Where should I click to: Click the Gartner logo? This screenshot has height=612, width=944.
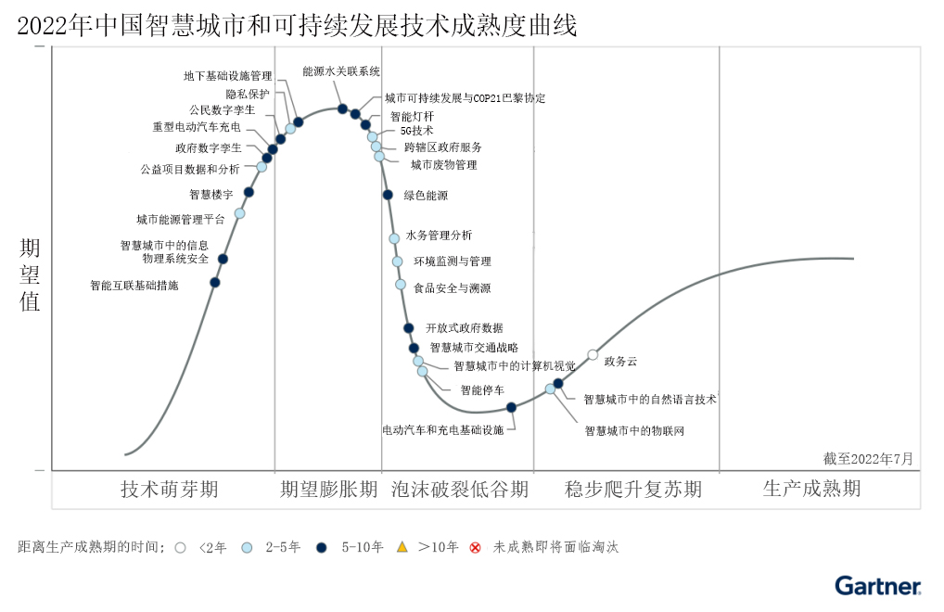pos(877,585)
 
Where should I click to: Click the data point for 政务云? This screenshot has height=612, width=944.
pos(593,354)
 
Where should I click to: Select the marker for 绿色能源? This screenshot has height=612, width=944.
pos(388,195)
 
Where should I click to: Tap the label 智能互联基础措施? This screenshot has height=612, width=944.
pos(134,286)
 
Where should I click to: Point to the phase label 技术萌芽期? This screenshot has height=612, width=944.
pos(170,490)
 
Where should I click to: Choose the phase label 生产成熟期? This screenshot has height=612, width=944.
pos(811,489)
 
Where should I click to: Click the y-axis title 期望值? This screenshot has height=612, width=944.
pos(31,274)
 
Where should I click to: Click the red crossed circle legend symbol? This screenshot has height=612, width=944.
pos(476,547)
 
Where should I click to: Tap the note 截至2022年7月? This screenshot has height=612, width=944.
pos(868,458)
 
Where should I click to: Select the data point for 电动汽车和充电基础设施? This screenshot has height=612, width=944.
pos(511,407)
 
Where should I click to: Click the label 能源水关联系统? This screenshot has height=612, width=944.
pos(341,71)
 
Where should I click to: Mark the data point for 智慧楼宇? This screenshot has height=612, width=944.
pos(249,193)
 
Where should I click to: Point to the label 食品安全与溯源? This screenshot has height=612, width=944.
pos(453,288)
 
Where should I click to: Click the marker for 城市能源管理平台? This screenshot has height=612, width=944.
pos(239,214)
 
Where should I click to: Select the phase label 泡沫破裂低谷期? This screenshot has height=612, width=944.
pos(460,490)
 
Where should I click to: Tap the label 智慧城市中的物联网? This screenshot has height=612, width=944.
pos(634,431)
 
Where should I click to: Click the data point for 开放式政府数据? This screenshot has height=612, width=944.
pos(408,327)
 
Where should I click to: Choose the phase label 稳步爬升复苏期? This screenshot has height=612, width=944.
pos(633,490)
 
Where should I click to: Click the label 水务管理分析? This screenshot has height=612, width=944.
pos(439,236)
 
